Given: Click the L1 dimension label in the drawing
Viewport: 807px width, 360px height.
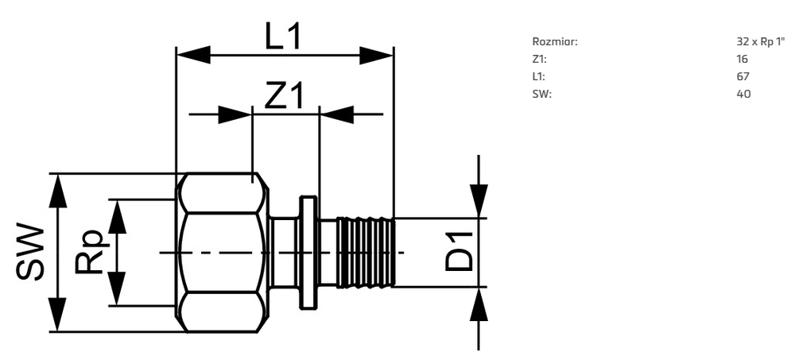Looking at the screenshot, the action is [282, 37].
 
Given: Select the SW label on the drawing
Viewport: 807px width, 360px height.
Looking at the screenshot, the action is [30, 252].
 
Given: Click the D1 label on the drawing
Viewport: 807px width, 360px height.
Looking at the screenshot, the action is [458, 252].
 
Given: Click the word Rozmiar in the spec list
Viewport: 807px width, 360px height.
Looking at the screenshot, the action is [555, 41].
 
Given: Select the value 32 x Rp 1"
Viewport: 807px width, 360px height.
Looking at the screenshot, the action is [761, 41].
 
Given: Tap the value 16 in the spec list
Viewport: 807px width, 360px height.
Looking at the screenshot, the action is [742, 59].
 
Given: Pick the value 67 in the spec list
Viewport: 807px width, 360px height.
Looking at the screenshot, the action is [743, 76].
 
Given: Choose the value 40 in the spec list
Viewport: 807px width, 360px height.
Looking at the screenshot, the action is [743, 94].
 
